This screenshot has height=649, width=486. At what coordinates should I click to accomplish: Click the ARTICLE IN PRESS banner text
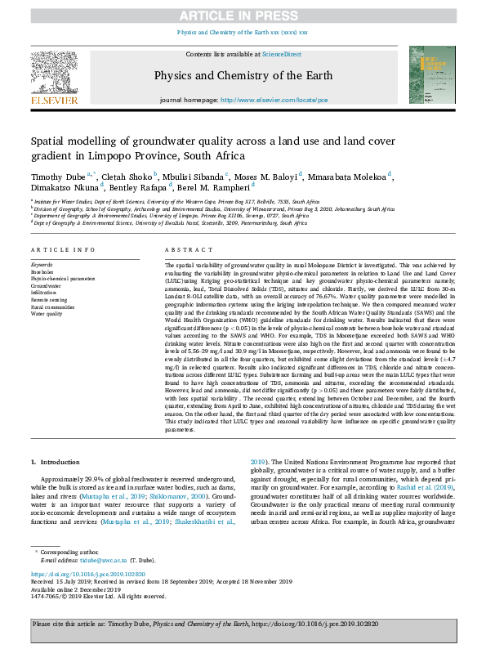click(243, 15)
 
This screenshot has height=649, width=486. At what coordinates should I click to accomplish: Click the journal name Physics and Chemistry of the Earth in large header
click(243, 76)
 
